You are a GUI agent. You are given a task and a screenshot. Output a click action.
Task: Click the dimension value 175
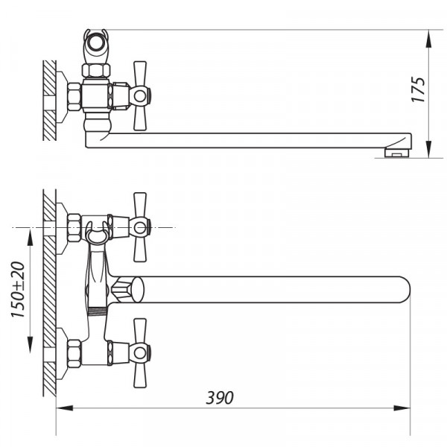(419, 89)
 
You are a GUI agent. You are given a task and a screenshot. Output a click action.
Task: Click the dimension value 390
(221, 398)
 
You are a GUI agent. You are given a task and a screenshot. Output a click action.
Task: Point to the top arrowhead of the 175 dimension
(431, 37)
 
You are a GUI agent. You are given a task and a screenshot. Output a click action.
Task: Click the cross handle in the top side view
(140, 95)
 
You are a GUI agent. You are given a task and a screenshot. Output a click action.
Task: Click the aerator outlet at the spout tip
(397, 153)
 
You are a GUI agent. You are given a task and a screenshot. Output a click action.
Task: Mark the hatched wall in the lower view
(49, 291)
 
